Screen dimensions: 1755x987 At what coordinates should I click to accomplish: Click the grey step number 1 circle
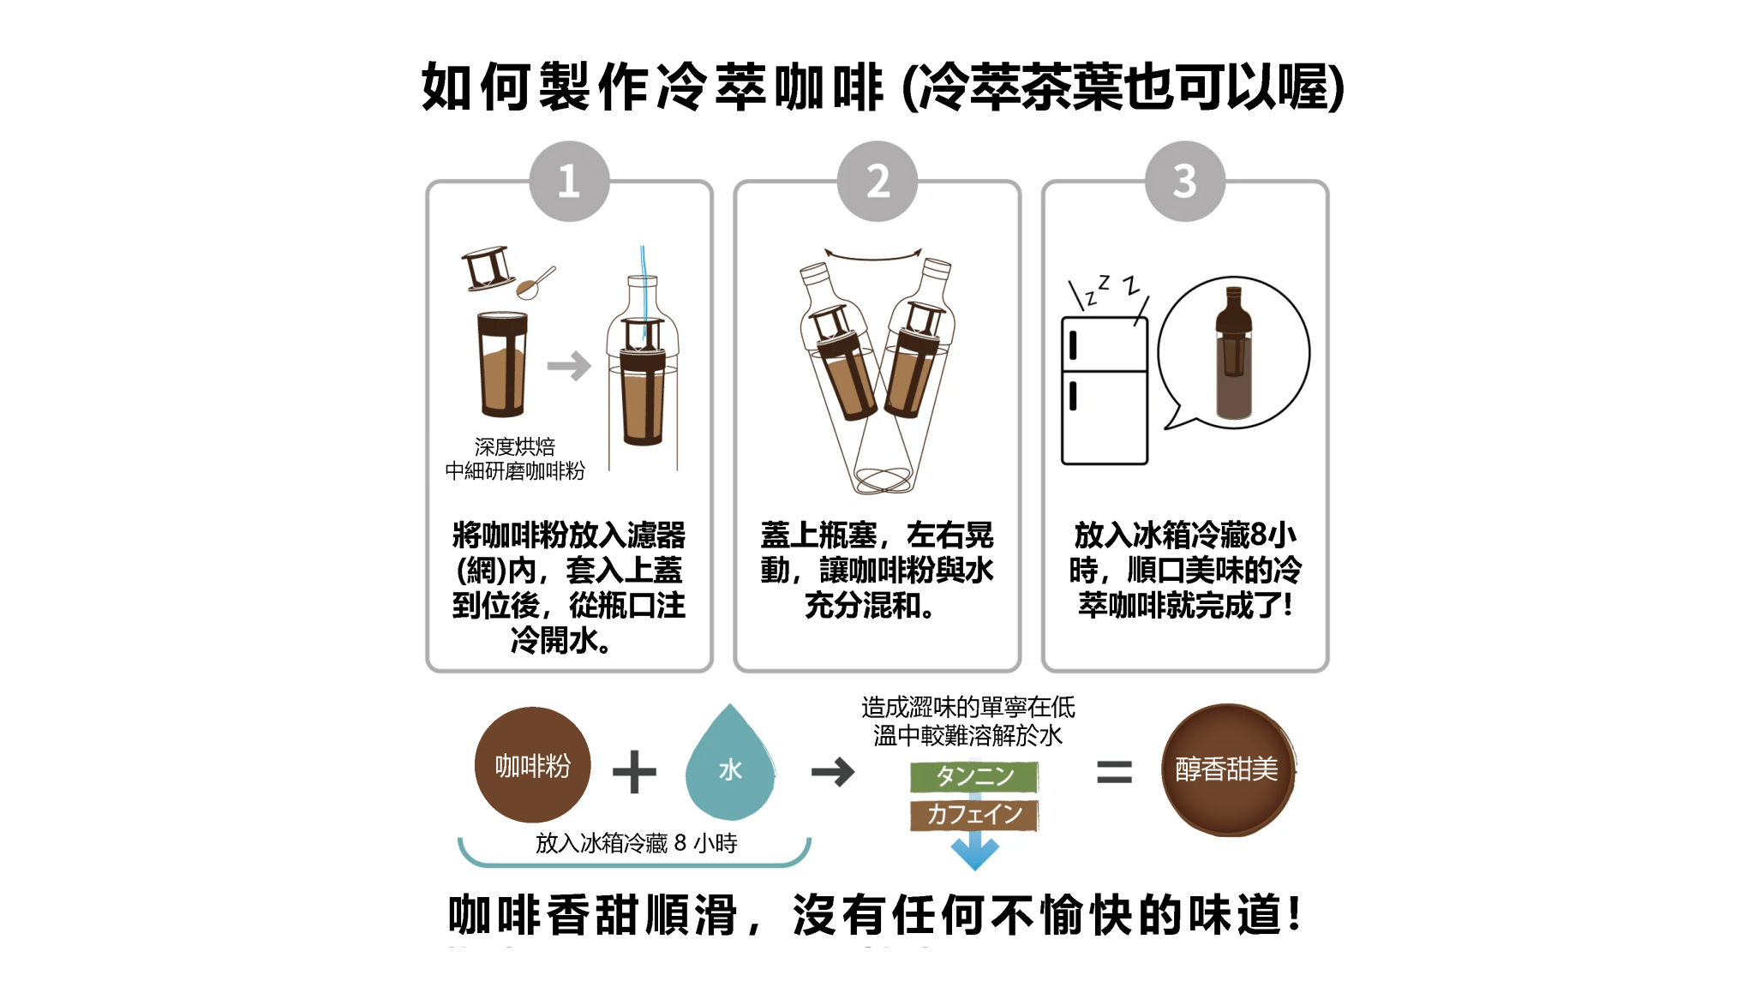point(569,181)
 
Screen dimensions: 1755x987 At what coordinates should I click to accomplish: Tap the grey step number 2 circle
point(877,181)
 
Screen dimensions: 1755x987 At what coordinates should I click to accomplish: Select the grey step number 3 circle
point(1185,181)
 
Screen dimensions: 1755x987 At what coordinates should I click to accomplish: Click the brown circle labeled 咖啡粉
point(532,764)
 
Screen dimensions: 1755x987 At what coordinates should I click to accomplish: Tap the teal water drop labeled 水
point(730,765)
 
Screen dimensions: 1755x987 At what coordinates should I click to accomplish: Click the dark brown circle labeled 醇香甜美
point(1228,769)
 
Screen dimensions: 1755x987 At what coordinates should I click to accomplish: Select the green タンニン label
point(974,776)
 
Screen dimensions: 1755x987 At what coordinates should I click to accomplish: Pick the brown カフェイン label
point(974,814)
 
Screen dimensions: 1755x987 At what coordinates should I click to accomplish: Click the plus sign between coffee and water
point(634,771)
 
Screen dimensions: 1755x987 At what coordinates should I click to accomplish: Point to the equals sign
point(1114,772)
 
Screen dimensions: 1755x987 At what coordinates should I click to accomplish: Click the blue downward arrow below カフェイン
point(974,852)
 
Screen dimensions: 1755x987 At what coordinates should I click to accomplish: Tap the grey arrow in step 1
point(569,366)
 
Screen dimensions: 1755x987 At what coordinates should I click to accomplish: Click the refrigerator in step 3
point(1104,390)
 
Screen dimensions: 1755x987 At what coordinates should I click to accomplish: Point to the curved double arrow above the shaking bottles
point(872,254)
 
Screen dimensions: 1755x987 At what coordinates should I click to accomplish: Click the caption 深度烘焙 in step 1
point(515,446)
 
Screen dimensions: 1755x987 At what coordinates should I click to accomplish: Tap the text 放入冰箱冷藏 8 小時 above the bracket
point(637,843)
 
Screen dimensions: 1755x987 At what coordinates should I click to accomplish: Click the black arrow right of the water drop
point(833,772)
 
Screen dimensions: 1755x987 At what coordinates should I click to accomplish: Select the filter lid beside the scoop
point(488,269)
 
